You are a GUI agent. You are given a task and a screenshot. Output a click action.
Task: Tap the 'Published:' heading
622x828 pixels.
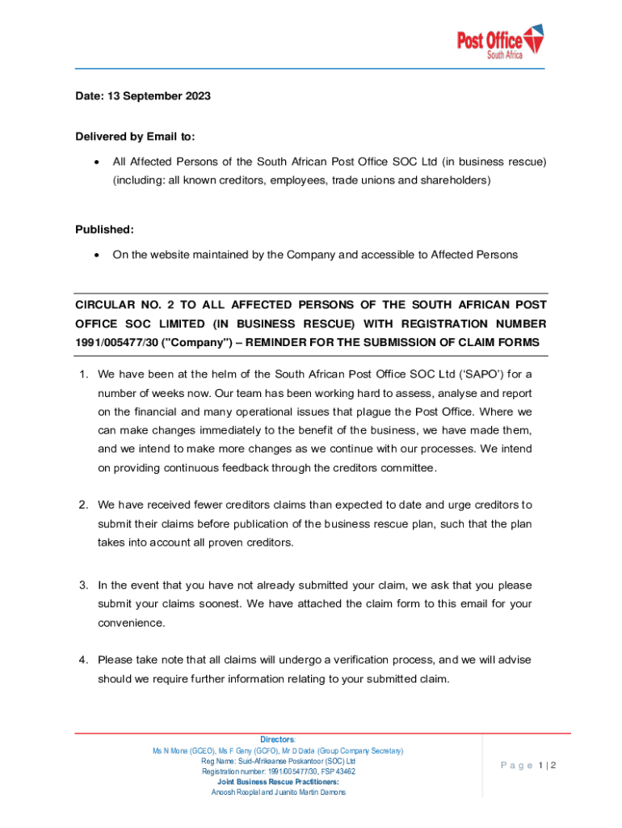tap(104, 230)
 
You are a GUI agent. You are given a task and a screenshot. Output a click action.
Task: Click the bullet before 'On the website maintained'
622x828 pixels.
tap(97, 256)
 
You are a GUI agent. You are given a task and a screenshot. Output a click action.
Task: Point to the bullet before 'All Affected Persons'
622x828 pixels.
tap(97, 162)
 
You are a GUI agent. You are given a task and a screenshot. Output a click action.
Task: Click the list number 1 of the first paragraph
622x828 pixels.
tap(82, 374)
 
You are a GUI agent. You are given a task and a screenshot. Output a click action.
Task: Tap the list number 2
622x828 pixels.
tap(82, 505)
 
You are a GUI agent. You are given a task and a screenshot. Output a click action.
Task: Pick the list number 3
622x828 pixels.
tap(82, 585)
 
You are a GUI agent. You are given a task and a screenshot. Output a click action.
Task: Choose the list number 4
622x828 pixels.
tap(82, 660)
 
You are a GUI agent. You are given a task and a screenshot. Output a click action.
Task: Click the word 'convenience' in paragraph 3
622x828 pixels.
tap(131, 623)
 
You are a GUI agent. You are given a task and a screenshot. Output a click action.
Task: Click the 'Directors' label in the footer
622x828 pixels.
tap(277, 740)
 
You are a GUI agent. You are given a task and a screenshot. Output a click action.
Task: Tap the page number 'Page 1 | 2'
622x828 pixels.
tap(528, 766)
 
